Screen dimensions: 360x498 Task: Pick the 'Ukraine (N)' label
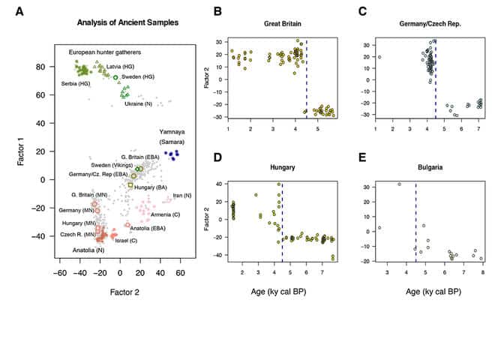point(139,104)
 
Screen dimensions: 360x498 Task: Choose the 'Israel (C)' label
point(125,241)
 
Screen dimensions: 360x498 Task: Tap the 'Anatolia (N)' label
point(88,250)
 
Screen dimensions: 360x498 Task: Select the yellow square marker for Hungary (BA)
point(130,185)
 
